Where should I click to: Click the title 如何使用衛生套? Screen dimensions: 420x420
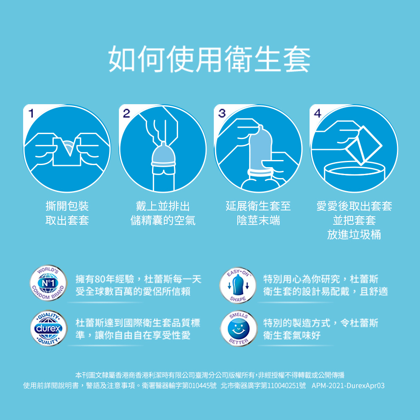pyautogui.click(x=210, y=59)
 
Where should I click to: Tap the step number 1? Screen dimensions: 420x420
pyautogui.click(x=31, y=113)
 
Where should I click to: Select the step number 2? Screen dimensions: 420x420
pyautogui.click(x=126, y=113)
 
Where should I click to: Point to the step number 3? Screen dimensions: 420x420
pyautogui.click(x=222, y=113)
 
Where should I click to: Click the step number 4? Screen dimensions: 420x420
pyautogui.click(x=318, y=113)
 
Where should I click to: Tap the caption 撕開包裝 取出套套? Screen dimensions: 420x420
pyautogui.click(x=67, y=213)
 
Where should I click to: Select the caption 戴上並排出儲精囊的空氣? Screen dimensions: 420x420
pyautogui.click(x=163, y=213)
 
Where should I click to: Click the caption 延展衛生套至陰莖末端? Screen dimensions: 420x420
pyautogui.click(x=258, y=213)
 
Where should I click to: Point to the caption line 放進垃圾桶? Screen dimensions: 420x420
pyautogui.click(x=354, y=235)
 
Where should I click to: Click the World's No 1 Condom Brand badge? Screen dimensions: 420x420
pyautogui.click(x=48, y=283)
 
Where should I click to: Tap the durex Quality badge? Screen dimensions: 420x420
pyautogui.click(x=48, y=328)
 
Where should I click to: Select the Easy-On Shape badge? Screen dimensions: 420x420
pyautogui.click(x=238, y=285)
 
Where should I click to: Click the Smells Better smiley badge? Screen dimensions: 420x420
pyautogui.click(x=238, y=329)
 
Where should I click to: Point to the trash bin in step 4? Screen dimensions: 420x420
pyautogui.click(x=354, y=175)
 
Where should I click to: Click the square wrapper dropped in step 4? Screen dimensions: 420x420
pyautogui.click(x=364, y=145)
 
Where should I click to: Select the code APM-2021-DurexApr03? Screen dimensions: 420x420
pyautogui.click(x=348, y=386)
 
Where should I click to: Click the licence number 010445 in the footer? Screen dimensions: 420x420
pyautogui.click(x=199, y=386)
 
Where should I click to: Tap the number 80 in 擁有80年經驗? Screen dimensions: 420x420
pyautogui.click(x=100, y=279)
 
